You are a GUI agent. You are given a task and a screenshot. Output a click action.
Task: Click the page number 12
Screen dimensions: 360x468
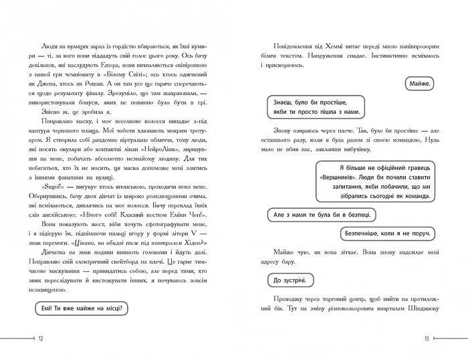click(x=41, y=340)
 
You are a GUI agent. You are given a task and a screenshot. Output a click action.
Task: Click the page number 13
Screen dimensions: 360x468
click(x=425, y=340)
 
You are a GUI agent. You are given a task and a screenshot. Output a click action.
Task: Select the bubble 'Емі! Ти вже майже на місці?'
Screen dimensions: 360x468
click(x=82, y=308)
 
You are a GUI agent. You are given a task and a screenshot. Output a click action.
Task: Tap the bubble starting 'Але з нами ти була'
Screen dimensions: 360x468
click(x=322, y=215)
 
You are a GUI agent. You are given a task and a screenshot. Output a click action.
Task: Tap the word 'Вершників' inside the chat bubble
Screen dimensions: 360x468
click(x=348, y=177)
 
